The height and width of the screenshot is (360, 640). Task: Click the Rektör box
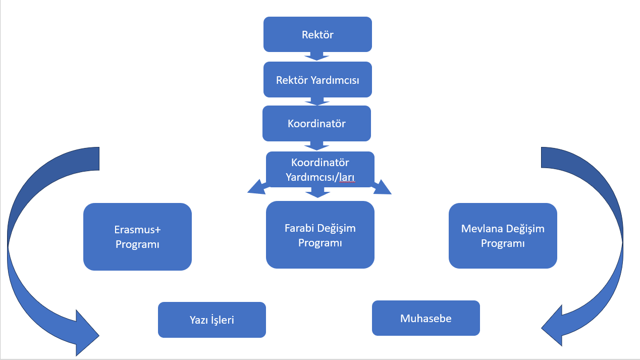click(x=317, y=34)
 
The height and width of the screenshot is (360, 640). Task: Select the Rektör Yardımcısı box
click(x=317, y=80)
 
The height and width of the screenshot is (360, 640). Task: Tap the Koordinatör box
click(x=316, y=123)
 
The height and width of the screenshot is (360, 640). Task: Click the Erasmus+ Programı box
click(x=137, y=236)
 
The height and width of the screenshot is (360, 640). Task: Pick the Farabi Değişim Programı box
click(x=320, y=234)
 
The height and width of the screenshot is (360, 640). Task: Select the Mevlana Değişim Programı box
click(x=503, y=235)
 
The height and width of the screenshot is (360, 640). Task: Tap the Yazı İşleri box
click(x=211, y=320)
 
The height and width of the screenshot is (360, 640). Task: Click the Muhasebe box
click(x=425, y=318)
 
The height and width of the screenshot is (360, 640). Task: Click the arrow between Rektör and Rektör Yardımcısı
click(x=317, y=56)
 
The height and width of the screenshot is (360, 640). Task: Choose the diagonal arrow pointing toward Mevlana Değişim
click(x=382, y=187)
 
